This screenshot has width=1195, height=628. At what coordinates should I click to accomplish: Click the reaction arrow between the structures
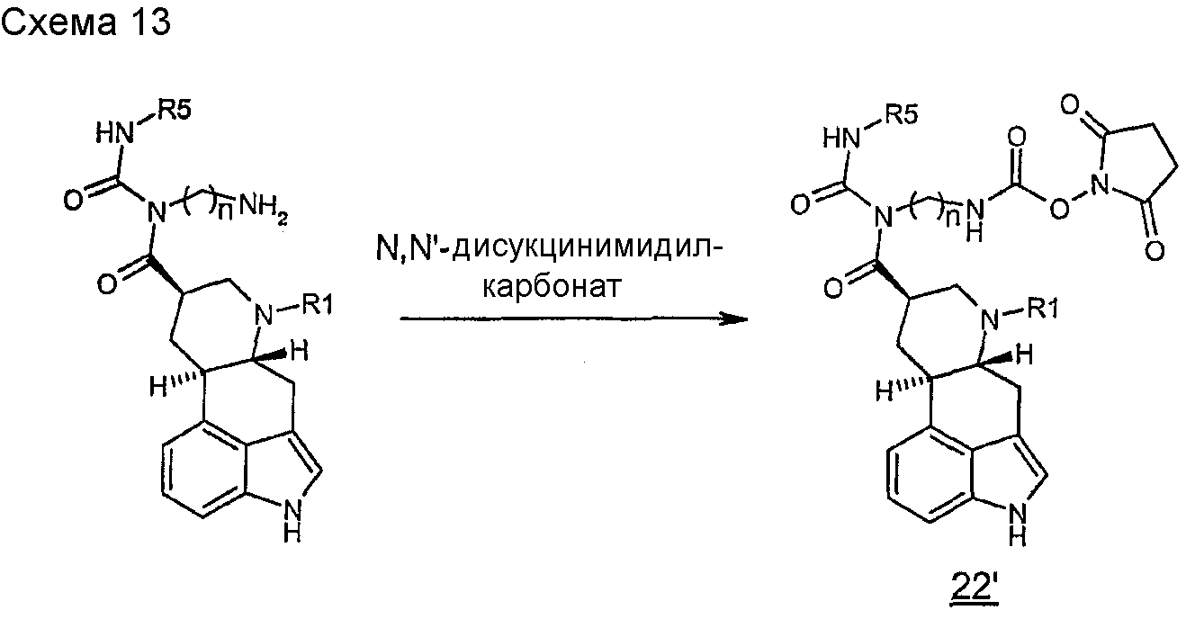[574, 319]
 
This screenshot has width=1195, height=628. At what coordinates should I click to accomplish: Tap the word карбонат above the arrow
[553, 286]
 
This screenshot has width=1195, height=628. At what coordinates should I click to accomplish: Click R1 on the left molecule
[317, 305]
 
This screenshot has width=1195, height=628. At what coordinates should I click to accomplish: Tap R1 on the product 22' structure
[1043, 309]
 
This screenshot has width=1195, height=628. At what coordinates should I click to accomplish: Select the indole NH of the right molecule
[1018, 526]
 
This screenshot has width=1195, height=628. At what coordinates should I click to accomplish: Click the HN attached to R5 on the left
[114, 132]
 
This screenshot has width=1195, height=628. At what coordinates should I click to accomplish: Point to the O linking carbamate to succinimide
[1059, 208]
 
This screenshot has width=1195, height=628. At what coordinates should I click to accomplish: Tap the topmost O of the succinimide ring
[1070, 104]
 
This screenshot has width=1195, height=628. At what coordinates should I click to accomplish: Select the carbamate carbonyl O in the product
[1016, 138]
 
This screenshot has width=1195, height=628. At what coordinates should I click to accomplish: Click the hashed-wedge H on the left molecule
[159, 386]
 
